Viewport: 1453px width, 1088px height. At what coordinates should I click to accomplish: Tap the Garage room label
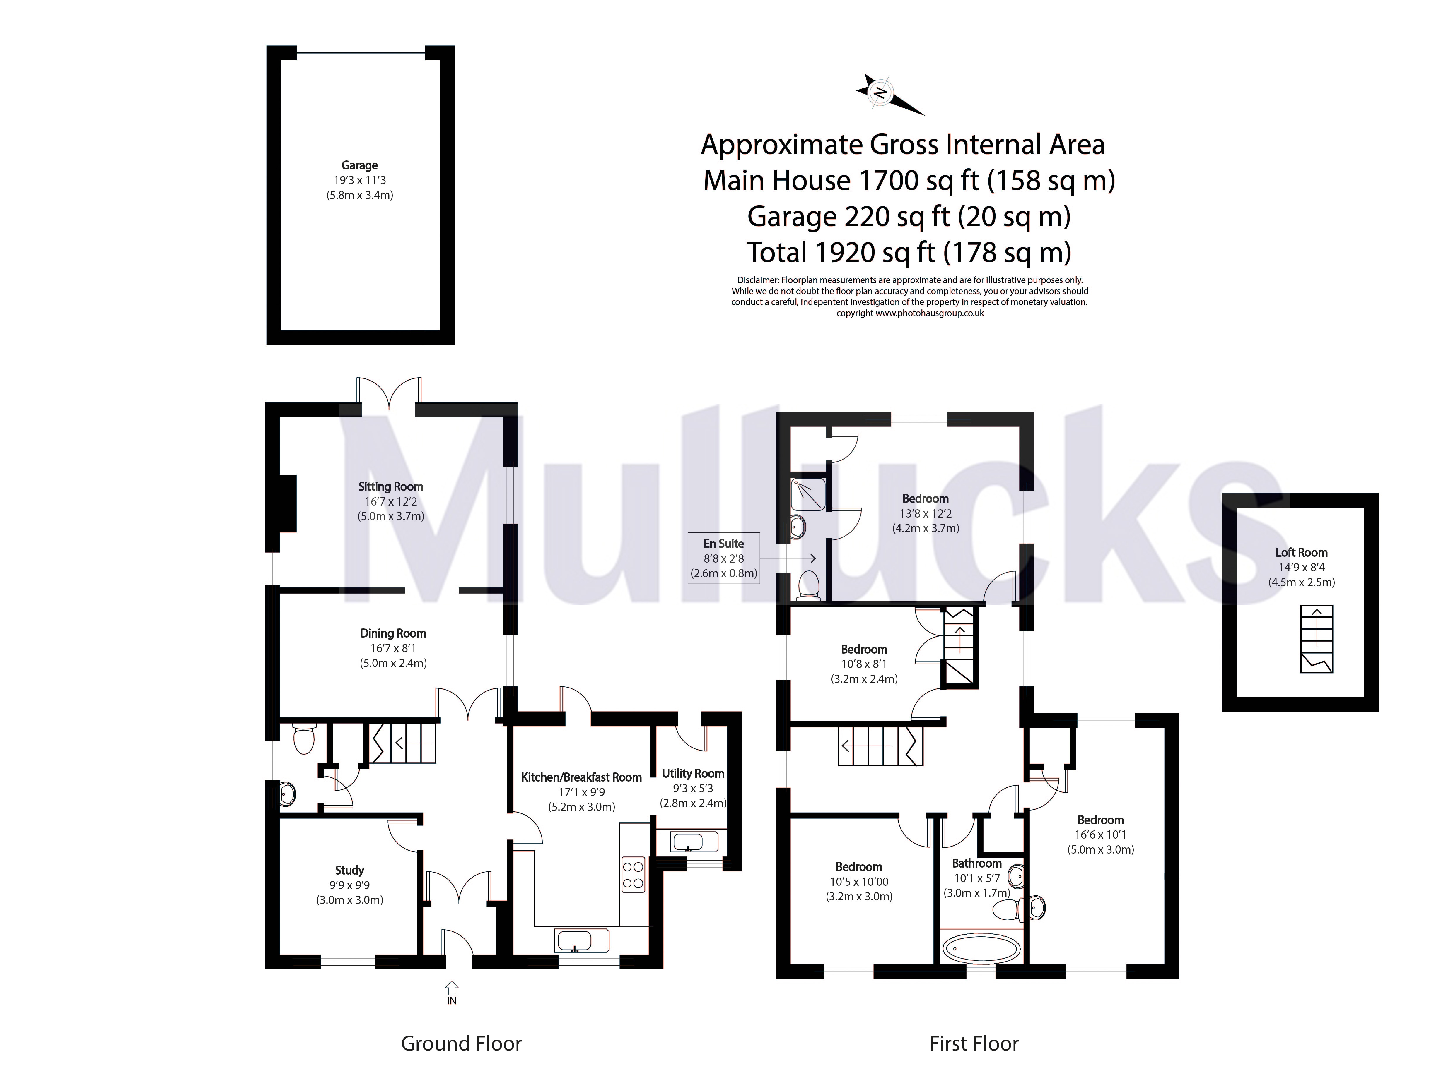359,165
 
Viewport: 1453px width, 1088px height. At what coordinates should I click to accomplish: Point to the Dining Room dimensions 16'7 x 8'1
393,648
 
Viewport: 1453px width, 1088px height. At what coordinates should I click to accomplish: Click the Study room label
349,870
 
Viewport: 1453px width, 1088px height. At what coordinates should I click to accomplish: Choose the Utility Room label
693,774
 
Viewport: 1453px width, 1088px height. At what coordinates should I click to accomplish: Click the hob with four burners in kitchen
633,875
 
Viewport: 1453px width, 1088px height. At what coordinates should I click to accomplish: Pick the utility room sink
687,841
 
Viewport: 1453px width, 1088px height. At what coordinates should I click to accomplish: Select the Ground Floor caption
461,1043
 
